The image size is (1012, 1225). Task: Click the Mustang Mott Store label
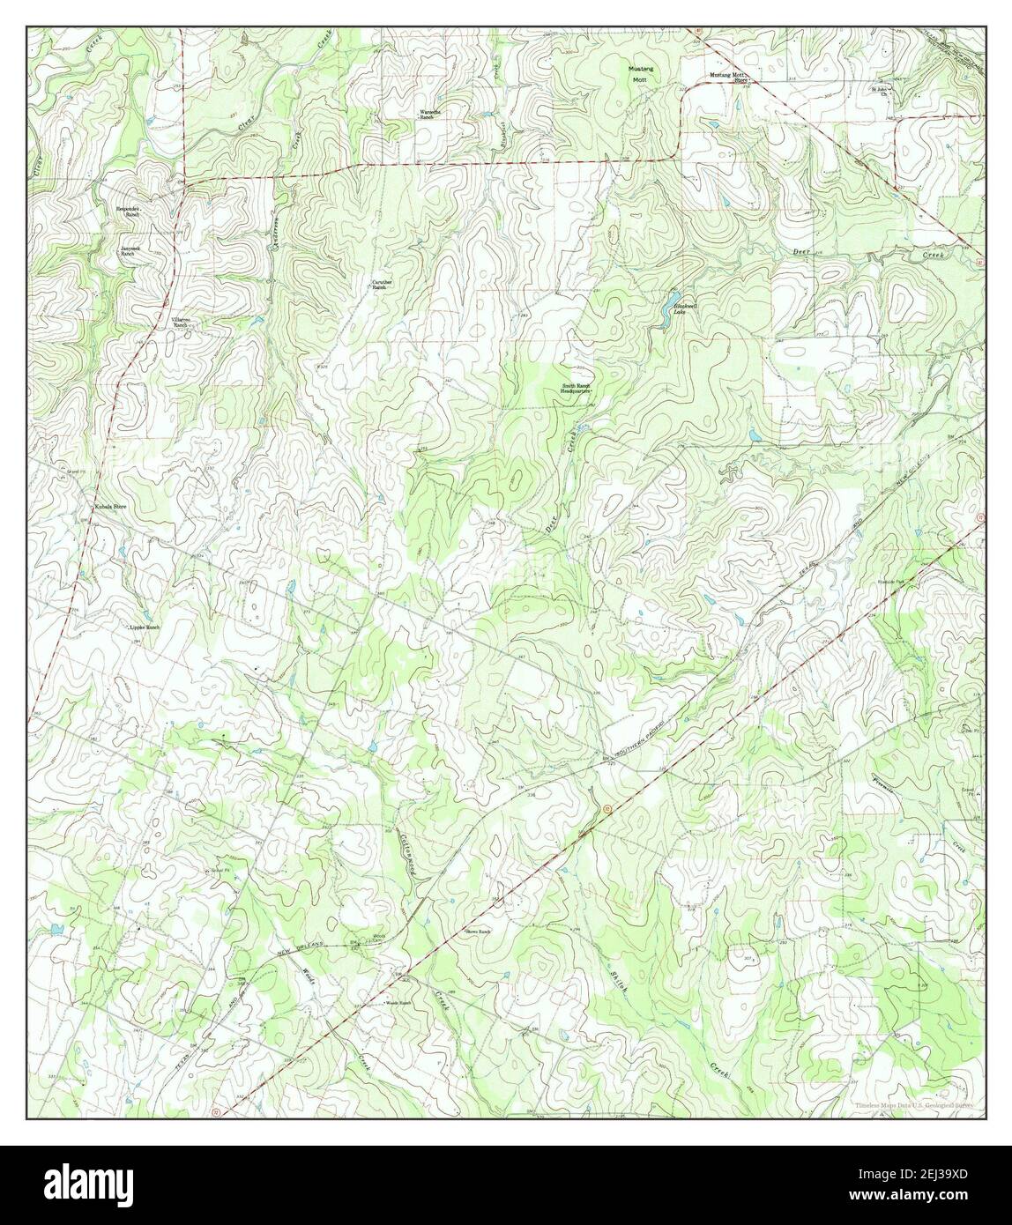pos(729,77)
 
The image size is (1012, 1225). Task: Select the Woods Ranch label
pos(398,1003)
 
